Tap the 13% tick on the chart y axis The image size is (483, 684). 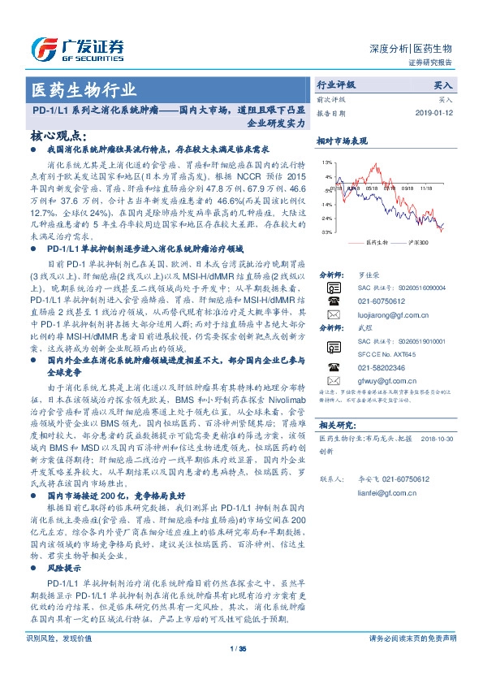(x=326, y=162)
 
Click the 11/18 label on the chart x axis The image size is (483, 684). (x=426, y=186)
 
